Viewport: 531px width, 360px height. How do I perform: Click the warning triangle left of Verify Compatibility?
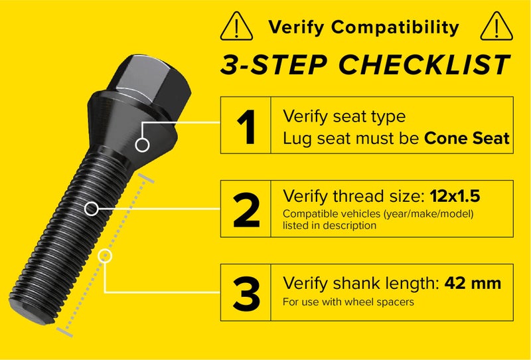237,27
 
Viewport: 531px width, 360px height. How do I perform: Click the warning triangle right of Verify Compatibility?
493,27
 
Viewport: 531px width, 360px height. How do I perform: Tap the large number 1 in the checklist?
246,126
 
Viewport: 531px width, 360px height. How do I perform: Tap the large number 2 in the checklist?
246,209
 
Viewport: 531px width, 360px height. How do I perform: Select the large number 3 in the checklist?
246,293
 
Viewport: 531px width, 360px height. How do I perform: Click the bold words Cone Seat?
467,138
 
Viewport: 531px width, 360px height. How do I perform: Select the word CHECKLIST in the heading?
423,65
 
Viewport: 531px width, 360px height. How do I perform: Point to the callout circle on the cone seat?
141,144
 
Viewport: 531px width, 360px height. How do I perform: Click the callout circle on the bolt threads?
92,209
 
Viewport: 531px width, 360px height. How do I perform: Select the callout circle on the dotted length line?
106,255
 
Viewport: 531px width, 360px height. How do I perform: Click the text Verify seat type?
344,116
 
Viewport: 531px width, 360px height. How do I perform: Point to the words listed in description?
329,225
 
